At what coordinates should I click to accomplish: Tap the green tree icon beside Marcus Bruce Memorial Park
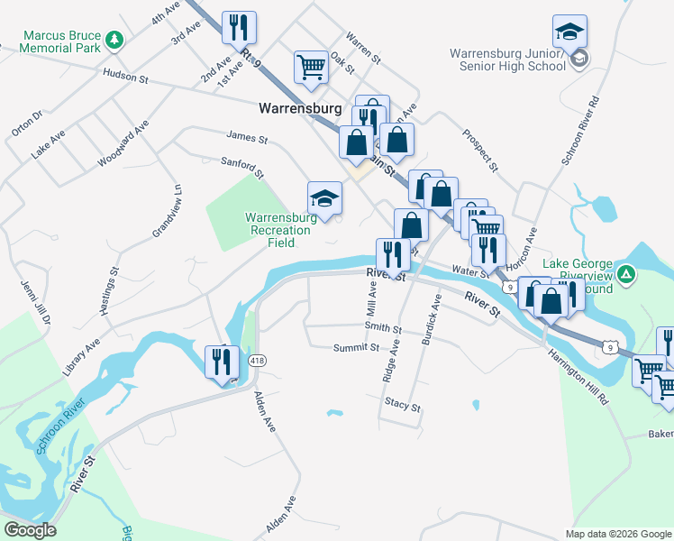[114, 39]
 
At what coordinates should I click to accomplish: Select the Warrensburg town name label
[300, 108]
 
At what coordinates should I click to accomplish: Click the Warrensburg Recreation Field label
[278, 224]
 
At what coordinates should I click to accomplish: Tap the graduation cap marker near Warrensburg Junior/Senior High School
[569, 33]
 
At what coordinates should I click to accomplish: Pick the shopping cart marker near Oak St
[311, 67]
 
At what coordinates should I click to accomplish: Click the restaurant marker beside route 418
[222, 362]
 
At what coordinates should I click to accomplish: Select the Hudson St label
[125, 78]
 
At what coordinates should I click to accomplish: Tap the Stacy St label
[403, 406]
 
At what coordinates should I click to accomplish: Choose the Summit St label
[356, 347]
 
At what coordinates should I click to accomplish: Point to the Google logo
[30, 530]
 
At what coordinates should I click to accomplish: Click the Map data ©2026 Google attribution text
[617, 534]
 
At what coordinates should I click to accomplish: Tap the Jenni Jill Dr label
[35, 302]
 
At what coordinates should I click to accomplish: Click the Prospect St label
[480, 149]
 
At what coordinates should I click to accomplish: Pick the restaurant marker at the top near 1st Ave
[239, 27]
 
